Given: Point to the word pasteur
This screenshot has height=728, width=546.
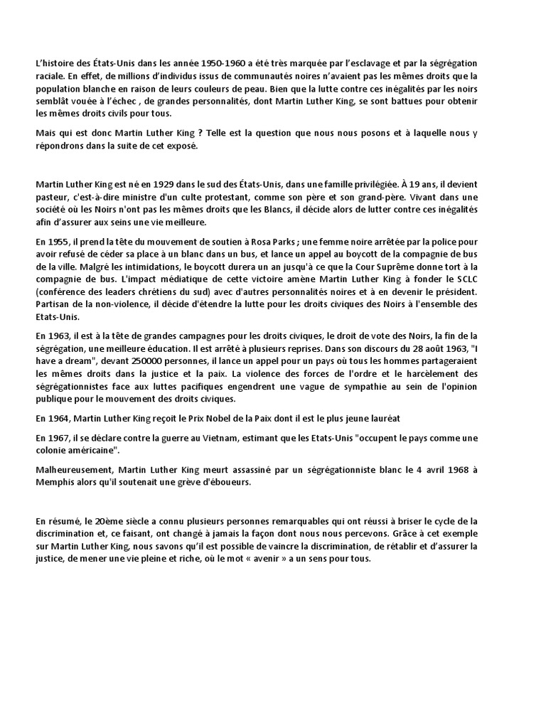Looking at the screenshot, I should click(52, 196).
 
